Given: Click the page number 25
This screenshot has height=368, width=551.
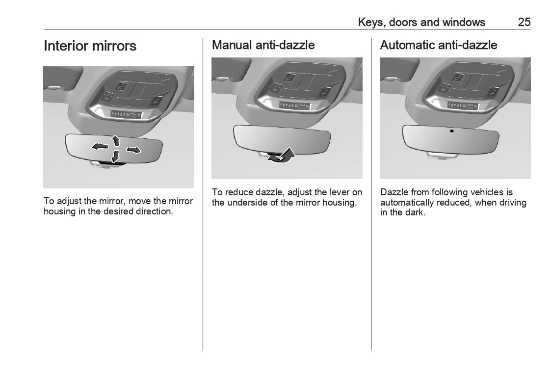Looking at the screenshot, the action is pyautogui.click(x=524, y=22).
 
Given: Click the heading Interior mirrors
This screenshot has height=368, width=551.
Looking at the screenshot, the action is pyautogui.click(x=90, y=46).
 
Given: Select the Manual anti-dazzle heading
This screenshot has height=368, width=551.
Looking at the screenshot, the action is pyautogui.click(x=263, y=45).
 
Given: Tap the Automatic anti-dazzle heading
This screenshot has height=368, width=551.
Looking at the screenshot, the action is pyautogui.click(x=439, y=45).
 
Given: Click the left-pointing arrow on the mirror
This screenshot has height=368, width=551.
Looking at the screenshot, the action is pyautogui.click(x=100, y=146).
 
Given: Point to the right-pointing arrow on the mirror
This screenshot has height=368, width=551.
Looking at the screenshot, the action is pyautogui.click(x=133, y=150).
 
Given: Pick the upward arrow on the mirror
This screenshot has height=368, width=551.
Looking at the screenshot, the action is pyautogui.click(x=116, y=140).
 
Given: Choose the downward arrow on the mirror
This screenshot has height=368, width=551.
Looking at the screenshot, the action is pyautogui.click(x=115, y=157).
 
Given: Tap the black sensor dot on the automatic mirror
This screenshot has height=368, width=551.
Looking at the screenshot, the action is pyautogui.click(x=451, y=131).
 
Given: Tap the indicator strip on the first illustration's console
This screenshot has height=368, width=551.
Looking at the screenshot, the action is pyautogui.click(x=126, y=114).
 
